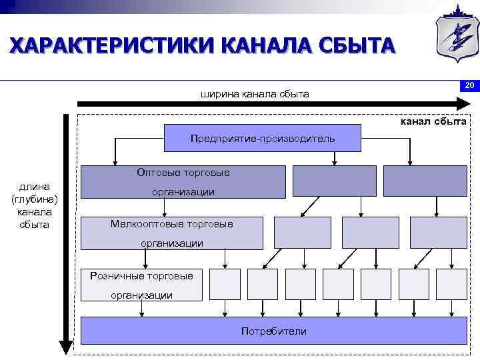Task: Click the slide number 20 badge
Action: coord(469,85)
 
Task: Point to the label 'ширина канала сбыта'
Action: coord(255,94)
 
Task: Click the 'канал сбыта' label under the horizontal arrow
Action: coord(433,121)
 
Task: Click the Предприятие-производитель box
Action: coord(263,138)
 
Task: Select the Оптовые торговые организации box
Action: coord(183,181)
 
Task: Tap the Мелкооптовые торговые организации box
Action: coord(172,233)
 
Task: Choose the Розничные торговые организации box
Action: coord(141,284)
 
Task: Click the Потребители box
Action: coord(273,330)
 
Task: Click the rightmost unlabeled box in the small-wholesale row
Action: coord(438,232)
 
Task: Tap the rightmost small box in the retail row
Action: coord(451,283)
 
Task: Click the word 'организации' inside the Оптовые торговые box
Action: coord(183,192)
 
